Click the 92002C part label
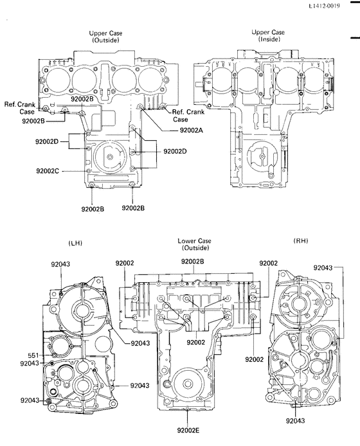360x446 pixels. (49, 171)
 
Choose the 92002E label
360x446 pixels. (189, 430)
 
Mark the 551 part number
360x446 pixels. (33, 355)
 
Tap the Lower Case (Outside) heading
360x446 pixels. (193, 244)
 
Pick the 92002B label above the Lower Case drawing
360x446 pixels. (193, 262)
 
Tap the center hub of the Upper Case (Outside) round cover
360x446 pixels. (111, 157)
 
